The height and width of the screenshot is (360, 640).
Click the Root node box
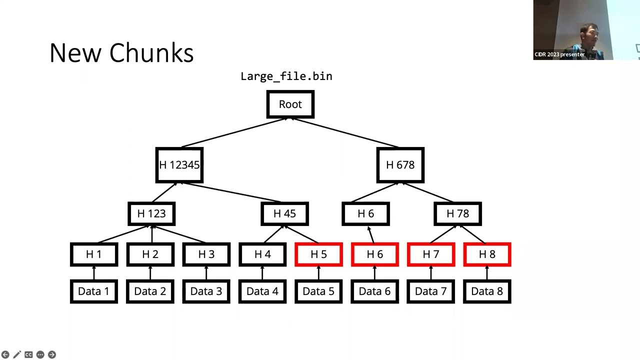(290, 104)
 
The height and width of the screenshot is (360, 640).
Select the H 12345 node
(179, 165)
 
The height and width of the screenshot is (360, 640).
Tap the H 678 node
(400, 165)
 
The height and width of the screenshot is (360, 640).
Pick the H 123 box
(151, 214)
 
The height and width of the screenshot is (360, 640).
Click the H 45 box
(284, 214)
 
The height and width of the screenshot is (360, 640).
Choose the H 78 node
(457, 214)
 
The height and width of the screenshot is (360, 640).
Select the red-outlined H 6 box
(374, 254)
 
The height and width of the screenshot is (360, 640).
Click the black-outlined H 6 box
(365, 214)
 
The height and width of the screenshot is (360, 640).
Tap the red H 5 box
(318, 254)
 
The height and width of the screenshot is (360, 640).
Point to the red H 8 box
(487, 254)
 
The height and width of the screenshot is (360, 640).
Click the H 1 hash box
(94, 254)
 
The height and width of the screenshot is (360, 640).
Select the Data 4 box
(262, 291)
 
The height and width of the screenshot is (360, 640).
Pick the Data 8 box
(487, 291)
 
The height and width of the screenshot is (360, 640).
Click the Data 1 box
(94, 291)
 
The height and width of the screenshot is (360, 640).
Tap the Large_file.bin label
(286, 76)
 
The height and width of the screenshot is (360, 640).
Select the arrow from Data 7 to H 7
(431, 273)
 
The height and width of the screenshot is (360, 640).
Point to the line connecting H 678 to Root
(345, 133)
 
